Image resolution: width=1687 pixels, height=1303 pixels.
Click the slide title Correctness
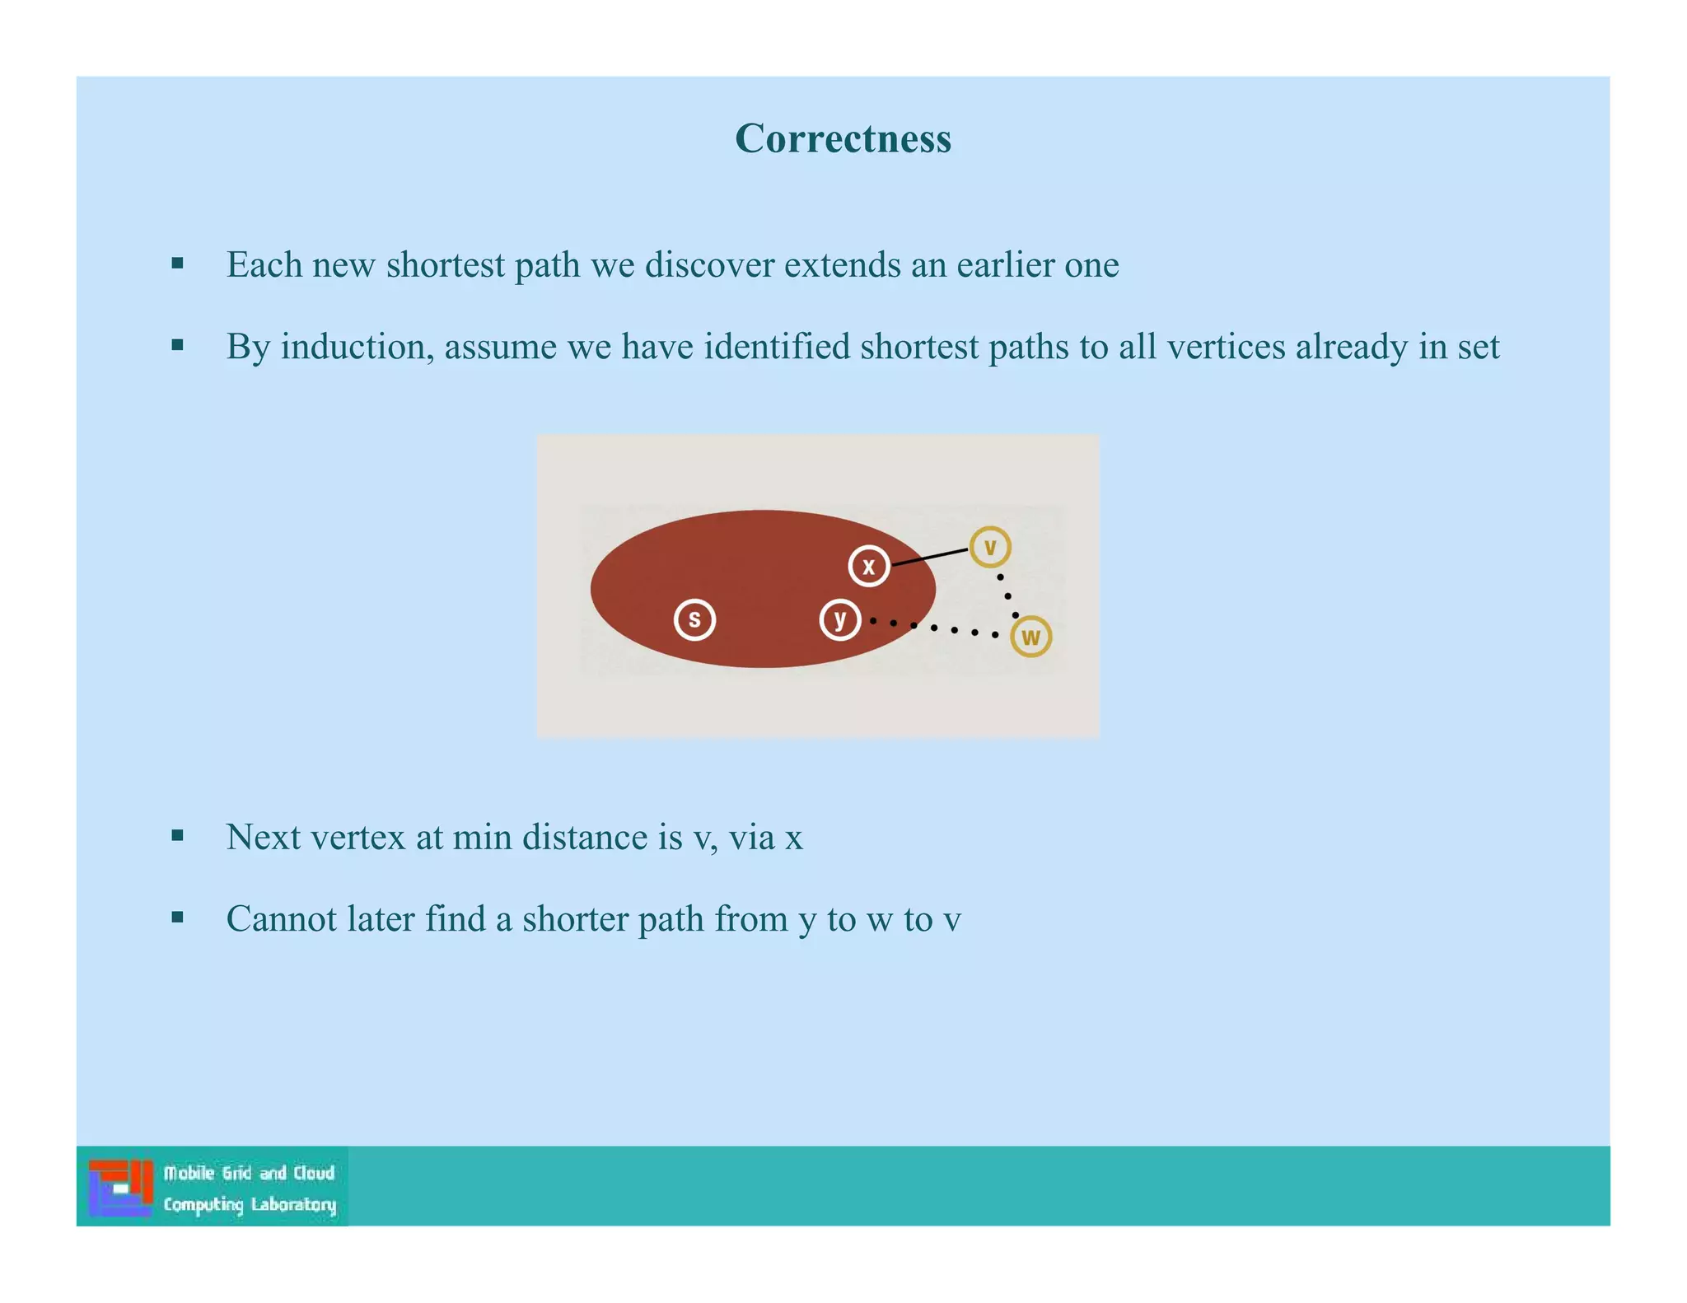click(843, 138)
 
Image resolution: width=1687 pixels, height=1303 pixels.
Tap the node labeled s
click(694, 619)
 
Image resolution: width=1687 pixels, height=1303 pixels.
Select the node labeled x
click(868, 566)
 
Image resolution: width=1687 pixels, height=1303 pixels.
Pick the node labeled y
click(840, 619)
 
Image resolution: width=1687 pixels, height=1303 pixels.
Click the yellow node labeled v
click(989, 547)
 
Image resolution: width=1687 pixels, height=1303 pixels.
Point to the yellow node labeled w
click(1030, 637)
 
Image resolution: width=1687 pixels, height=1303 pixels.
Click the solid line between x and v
click(929, 557)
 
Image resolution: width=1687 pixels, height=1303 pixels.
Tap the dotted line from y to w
click(934, 628)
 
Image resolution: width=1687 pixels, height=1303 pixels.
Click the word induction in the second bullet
click(357, 347)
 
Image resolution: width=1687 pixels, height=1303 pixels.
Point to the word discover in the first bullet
click(709, 265)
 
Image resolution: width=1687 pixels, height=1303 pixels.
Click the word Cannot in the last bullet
click(280, 919)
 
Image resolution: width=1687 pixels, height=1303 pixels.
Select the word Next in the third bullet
click(263, 838)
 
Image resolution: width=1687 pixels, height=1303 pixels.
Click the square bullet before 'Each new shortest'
click(177, 264)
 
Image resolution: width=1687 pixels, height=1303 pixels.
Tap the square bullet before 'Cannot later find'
click(177, 918)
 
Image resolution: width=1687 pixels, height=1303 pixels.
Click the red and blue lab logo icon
click(121, 1187)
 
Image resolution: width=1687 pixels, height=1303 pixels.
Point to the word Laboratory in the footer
click(293, 1205)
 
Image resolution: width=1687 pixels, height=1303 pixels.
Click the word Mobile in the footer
click(189, 1173)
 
